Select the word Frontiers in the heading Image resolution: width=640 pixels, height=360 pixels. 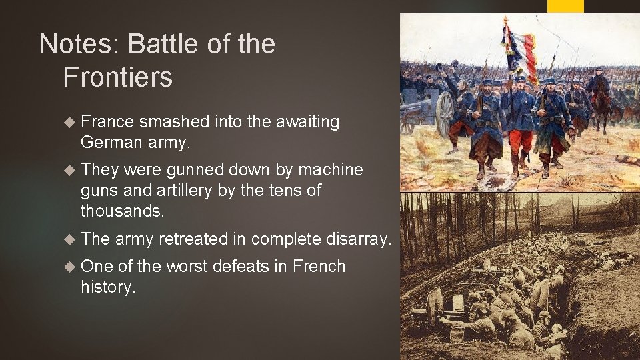(x=117, y=77)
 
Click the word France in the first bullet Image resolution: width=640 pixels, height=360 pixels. (x=107, y=122)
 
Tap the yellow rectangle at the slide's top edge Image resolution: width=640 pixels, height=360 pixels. (x=565, y=6)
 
